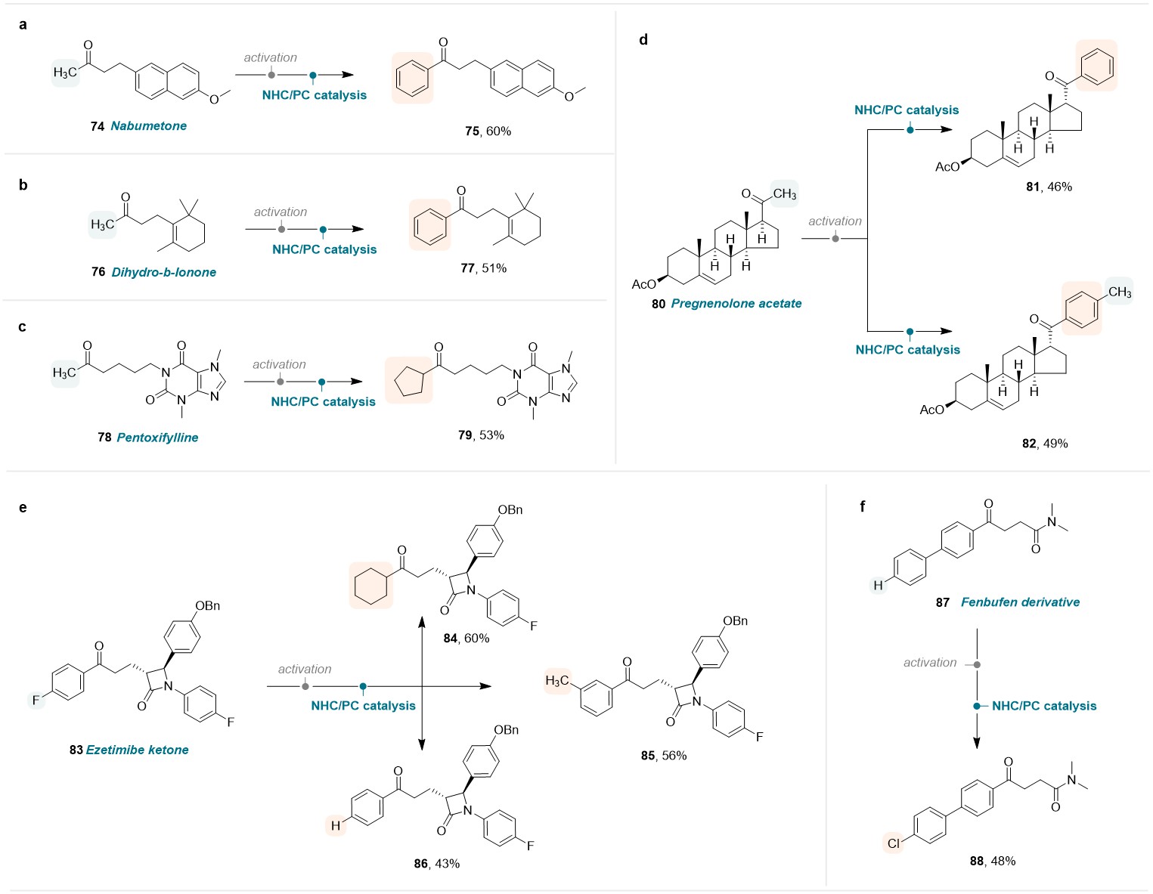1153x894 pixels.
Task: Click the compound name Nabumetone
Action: pyautogui.click(x=149, y=125)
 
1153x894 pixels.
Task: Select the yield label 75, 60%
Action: pyautogui.click(x=488, y=131)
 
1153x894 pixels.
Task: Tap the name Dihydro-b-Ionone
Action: pyautogui.click(x=163, y=272)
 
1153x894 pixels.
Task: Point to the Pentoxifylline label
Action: pyautogui.click(x=157, y=438)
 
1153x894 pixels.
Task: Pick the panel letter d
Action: pyautogui.click(x=643, y=40)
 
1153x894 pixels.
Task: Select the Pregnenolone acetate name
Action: pyautogui.click(x=736, y=303)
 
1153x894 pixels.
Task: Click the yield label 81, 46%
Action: pyautogui.click(x=1049, y=187)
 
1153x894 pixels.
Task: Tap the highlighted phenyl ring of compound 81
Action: pyautogui.click(x=1096, y=67)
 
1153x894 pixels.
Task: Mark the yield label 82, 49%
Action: pyautogui.click(x=1045, y=444)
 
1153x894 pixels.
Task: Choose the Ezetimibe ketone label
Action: pyautogui.click(x=137, y=750)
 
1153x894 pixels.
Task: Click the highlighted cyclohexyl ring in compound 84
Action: pyautogui.click(x=371, y=586)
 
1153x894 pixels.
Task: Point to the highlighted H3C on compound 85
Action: pyautogui.click(x=557, y=681)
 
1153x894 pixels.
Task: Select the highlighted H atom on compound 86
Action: pyautogui.click(x=336, y=825)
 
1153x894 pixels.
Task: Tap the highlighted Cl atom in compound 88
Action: pyautogui.click(x=894, y=843)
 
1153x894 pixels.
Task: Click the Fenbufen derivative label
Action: pyautogui.click(x=1020, y=602)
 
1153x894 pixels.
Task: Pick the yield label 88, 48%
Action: pyautogui.click(x=992, y=861)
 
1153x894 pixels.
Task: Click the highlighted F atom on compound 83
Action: pyautogui.click(x=36, y=700)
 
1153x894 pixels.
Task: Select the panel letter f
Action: pyautogui.click(x=862, y=506)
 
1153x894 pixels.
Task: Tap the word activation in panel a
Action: pyautogui.click(x=270, y=57)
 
